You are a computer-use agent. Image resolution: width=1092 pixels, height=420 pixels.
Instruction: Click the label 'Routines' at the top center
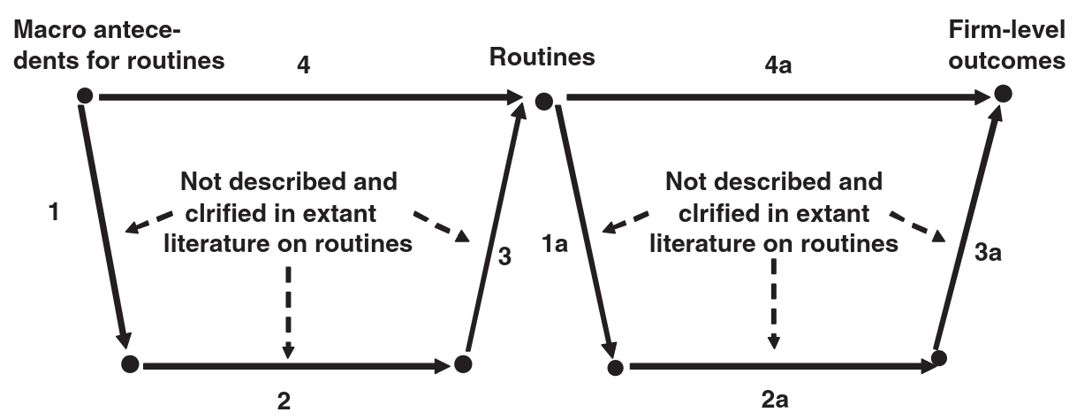tap(542, 57)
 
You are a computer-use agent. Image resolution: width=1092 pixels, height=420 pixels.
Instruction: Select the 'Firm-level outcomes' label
tap(1006, 45)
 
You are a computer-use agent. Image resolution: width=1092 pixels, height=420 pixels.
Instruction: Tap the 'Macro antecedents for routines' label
tap(119, 45)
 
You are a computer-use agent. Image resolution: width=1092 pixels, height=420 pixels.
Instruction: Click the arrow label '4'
tap(303, 65)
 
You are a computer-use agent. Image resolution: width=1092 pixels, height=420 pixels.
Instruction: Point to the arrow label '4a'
tap(778, 65)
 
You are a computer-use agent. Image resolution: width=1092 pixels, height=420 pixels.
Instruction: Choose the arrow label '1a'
tap(555, 243)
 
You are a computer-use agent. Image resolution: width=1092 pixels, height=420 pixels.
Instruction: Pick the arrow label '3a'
tap(988, 253)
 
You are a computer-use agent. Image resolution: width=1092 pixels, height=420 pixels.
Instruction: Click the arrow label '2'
tap(284, 401)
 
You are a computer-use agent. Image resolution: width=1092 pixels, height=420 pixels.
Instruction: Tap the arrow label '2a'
tap(775, 400)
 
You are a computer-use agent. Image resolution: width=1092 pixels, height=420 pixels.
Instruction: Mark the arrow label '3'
tap(504, 256)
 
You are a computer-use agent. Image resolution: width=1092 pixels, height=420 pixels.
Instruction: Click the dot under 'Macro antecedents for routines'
tap(85, 95)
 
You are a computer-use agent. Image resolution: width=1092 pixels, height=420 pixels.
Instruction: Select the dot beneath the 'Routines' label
tap(544, 102)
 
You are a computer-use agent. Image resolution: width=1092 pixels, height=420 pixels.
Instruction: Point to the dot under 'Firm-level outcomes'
tap(1003, 93)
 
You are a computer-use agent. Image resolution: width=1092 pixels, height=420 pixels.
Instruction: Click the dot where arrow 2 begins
tap(130, 364)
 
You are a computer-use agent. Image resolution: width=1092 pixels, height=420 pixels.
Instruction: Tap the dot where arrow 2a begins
tap(615, 368)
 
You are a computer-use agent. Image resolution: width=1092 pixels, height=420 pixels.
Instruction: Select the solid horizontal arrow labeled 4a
tap(778, 97)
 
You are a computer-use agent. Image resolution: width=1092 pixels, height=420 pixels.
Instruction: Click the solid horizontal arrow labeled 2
tap(296, 366)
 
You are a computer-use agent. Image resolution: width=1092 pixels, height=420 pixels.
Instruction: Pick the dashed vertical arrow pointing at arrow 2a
tap(774, 303)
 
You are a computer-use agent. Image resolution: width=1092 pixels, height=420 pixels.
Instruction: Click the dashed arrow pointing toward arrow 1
tap(148, 222)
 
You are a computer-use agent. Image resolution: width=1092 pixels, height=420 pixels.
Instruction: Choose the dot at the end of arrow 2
tap(463, 364)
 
